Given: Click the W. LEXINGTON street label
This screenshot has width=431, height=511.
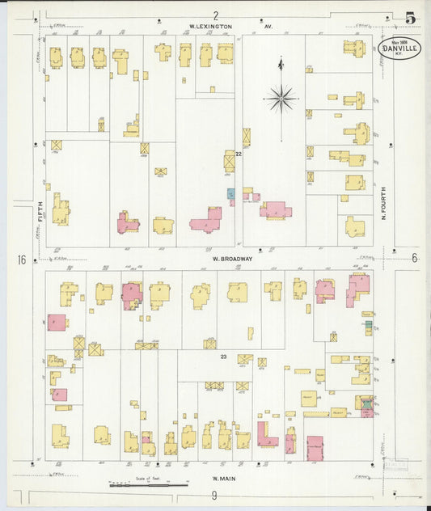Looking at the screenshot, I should tap(210, 27).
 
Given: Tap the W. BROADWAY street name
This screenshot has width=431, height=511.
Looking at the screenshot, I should tap(233, 259).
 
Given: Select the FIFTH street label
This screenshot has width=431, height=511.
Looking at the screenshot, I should tap(37, 216).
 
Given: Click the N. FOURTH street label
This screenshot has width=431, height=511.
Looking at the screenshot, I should tap(383, 204).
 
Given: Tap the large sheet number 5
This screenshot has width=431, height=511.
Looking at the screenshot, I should tap(411, 18).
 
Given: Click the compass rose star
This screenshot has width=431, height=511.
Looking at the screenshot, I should tap(281, 99).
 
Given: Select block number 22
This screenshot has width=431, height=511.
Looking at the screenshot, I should tap(239, 154).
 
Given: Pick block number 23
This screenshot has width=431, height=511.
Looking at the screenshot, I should tap(222, 356).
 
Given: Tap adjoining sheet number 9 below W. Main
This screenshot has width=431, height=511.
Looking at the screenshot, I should tap(214, 495).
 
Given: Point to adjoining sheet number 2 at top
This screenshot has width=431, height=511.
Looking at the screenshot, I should tap(216, 15).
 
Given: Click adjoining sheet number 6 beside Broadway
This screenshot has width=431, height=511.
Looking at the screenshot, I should tap(414, 259).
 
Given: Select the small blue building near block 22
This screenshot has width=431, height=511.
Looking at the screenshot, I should tap(230, 194).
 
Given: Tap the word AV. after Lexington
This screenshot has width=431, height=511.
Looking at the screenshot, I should tap(268, 27).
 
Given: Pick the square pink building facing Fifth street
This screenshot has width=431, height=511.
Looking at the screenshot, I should tap(57, 322).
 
